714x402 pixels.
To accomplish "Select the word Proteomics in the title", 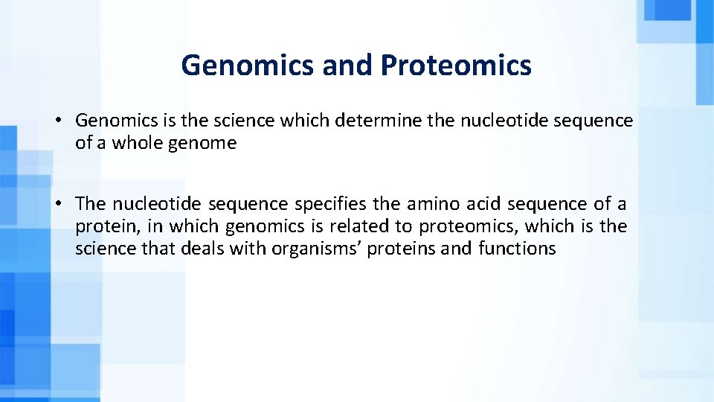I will click(x=456, y=66).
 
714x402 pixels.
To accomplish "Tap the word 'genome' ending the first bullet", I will click(x=202, y=143).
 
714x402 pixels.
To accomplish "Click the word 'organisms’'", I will click(x=312, y=249).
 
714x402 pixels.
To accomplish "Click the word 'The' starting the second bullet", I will click(x=91, y=204).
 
